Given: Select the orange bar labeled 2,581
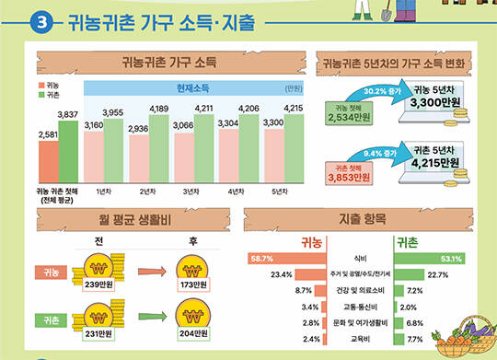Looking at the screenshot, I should (47, 161).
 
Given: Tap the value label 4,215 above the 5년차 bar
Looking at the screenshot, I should (294, 108).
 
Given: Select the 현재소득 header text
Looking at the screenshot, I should (192, 87).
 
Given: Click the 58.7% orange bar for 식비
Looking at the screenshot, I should (272, 259).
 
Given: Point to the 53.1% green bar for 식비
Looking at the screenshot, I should (430, 259).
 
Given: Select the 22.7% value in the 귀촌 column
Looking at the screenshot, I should (437, 274).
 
